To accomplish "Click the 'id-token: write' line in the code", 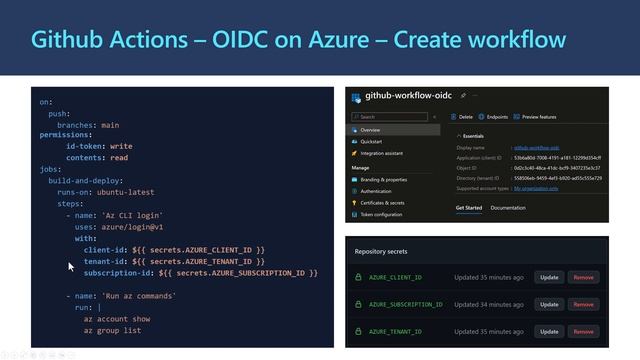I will click(99, 146).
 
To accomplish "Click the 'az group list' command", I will click(112, 330).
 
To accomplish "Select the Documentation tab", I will click(508, 208).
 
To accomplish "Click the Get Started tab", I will click(469, 208).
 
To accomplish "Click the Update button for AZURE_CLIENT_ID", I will click(549, 277).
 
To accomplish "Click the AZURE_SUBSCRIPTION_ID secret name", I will click(405, 304).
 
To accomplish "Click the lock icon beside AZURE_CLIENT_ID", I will click(358, 277).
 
